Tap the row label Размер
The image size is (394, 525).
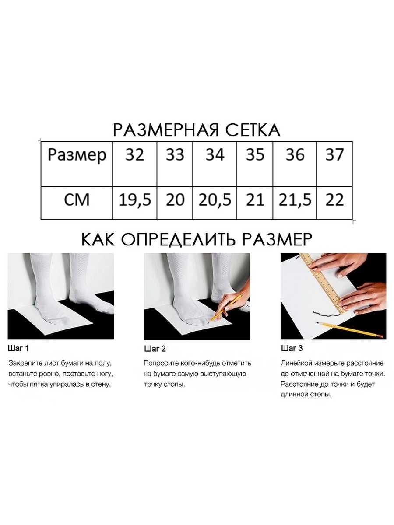(x=77, y=155)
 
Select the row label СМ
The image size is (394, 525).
(x=77, y=200)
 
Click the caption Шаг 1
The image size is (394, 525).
(x=18, y=349)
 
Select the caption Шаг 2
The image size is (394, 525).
(x=155, y=349)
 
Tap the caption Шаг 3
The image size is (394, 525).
(x=292, y=348)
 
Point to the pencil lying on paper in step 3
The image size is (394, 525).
(x=349, y=330)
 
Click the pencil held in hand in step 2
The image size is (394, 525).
(x=226, y=308)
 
